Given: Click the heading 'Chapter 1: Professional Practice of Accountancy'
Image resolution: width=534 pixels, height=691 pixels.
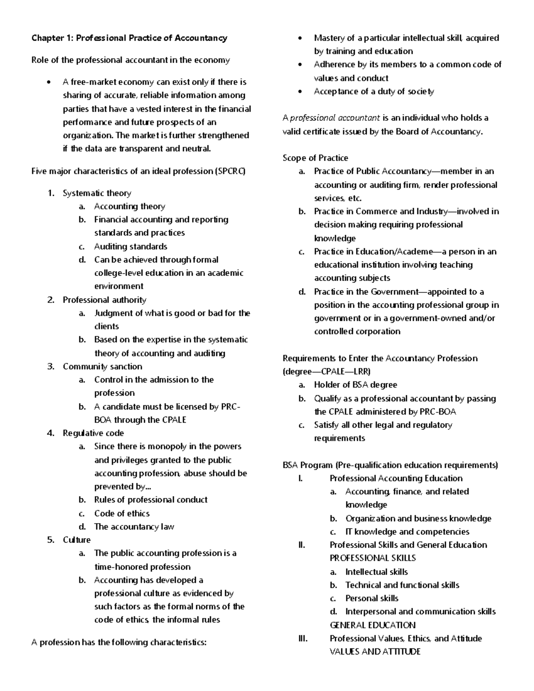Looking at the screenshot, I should (129, 38).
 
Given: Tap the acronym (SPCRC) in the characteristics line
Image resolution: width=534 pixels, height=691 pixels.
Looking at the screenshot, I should (230, 171).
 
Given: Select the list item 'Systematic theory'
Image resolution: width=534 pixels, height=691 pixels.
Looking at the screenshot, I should (97, 193).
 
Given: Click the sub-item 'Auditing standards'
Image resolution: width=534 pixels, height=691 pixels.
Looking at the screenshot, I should (130, 246).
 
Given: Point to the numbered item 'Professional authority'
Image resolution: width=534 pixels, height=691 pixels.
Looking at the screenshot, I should (104, 300).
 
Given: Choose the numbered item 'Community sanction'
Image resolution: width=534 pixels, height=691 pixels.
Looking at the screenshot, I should (102, 367).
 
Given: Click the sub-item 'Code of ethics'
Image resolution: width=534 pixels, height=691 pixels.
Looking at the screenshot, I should (121, 513).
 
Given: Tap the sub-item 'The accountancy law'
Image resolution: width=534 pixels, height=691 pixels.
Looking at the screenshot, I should (134, 527).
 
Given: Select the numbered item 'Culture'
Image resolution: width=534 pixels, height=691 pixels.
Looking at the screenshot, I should (77, 540).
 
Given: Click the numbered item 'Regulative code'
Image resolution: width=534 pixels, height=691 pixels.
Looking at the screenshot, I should (93, 433).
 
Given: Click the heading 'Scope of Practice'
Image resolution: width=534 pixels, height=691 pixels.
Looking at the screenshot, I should (315, 158).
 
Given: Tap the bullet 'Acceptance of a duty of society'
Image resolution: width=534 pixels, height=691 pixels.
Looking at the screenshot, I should (373, 91).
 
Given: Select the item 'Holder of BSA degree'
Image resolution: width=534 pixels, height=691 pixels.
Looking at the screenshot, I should (355, 385).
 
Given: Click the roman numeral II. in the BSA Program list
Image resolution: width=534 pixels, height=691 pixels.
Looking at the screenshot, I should (301, 545).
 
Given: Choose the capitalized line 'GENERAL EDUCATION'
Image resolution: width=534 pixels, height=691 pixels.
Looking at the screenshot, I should (372, 625).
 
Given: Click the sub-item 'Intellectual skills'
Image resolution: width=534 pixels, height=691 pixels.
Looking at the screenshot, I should (376, 572).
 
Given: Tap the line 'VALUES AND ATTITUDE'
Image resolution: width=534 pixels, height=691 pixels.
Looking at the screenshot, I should (375, 652).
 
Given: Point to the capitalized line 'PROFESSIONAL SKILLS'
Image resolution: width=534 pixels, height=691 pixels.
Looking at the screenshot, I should (372, 558).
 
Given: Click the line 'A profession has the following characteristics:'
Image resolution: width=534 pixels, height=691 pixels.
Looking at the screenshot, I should (119, 643).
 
